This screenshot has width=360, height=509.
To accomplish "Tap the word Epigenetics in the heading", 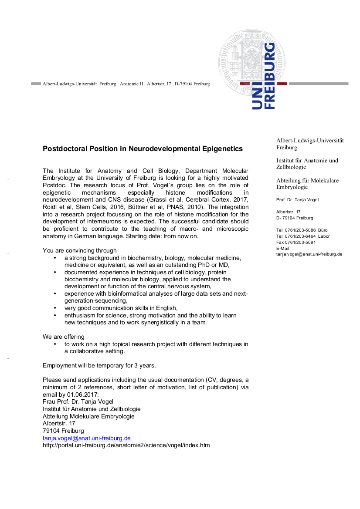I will click(x=222, y=148).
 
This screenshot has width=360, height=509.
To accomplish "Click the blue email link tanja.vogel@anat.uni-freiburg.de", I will click(x=87, y=438).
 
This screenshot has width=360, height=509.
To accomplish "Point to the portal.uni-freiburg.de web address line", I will click(x=126, y=445).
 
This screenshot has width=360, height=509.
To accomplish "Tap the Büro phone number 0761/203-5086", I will click(x=300, y=230).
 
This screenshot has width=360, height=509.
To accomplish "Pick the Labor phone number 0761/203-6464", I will click(x=300, y=236).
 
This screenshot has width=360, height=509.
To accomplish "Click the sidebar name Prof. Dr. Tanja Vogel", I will click(x=297, y=200).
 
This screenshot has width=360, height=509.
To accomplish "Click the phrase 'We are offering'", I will click(x=64, y=337).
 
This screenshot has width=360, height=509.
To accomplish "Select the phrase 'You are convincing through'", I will click(x=80, y=250).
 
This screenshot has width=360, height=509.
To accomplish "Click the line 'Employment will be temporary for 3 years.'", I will click(x=99, y=365).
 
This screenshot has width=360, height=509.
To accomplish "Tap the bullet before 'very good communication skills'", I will click(x=55, y=308).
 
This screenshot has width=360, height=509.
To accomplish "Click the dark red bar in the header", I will click(x=282, y=84).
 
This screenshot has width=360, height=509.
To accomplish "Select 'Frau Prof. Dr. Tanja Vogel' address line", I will click(x=78, y=401).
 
